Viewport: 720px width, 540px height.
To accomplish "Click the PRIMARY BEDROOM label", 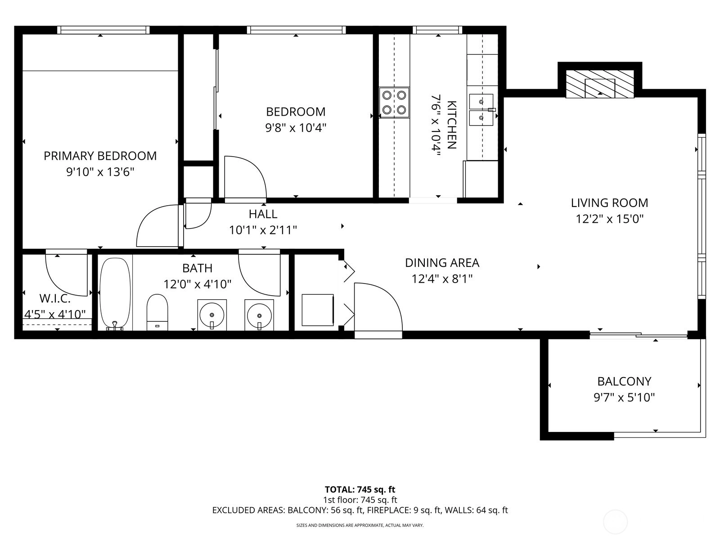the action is pos(100,156).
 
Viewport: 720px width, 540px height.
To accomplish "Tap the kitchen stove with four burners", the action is pos(394,103).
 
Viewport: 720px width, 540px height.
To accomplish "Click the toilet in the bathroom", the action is pos(157,312).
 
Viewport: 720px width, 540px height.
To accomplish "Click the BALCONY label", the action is pos(624,382).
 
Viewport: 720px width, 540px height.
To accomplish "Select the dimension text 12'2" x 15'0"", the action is pos(609,219).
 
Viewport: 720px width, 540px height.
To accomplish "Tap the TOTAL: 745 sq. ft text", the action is pos(360,490).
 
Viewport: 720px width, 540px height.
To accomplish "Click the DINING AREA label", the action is pos(442,263).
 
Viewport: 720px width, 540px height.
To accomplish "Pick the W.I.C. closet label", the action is pos(55,298).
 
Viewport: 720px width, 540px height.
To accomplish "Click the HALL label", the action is pos(263,214).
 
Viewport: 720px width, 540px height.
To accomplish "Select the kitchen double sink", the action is pos(481,110).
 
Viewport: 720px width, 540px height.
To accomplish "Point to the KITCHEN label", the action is pos(452,125).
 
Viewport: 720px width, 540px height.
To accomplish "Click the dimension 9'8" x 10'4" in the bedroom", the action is pos(296,127).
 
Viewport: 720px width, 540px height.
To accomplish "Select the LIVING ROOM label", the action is pos(609,203).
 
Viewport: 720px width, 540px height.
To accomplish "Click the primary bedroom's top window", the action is pos(103,30).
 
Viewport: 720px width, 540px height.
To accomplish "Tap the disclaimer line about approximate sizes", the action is pos(360,526).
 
